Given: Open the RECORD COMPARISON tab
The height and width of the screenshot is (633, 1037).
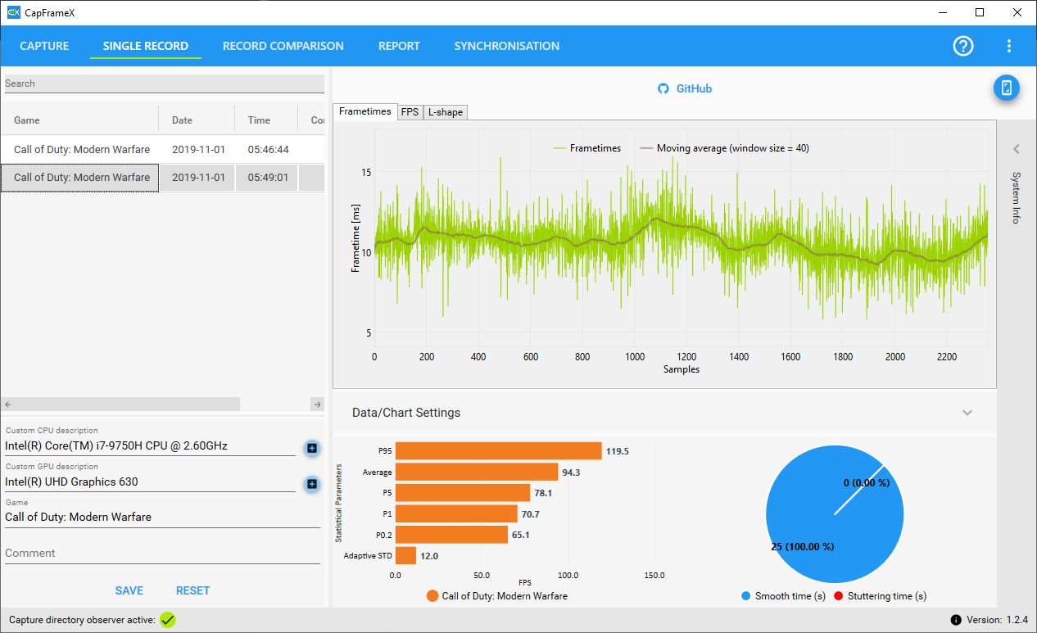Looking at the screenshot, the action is point(283,46).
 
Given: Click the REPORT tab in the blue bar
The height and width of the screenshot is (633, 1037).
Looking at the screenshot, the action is point(399,46).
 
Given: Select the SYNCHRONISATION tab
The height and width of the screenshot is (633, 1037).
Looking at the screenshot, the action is point(506,46).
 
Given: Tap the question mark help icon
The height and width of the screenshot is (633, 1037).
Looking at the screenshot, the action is point(963,46).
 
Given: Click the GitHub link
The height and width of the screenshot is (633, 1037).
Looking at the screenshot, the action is point(685,88).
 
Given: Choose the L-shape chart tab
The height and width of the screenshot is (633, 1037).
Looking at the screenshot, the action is point(446,112).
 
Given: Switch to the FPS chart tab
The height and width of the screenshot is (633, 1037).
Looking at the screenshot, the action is point(410,112).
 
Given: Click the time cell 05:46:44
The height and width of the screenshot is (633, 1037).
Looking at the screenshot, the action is point(268,150).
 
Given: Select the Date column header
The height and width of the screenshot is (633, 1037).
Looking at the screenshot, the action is point(182,120).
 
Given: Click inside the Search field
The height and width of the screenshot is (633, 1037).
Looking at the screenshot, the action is point(165,84).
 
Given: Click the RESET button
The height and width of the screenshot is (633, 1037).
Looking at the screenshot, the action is point(192,590).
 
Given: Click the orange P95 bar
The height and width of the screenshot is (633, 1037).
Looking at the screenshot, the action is point(498,451).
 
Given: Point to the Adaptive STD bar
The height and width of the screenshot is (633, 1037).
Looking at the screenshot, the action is point(405,556).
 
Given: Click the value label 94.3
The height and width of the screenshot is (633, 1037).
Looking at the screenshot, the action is point(571,472).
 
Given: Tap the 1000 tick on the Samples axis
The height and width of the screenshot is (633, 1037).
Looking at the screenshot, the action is point(635,357).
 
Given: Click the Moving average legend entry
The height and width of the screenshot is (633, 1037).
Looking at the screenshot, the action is point(725,148).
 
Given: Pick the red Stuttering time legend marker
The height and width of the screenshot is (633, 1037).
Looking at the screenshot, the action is point(838,596).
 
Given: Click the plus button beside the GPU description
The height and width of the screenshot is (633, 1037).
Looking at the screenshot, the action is point(312,484).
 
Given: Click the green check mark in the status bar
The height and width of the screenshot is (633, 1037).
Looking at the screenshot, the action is point(168,620).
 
